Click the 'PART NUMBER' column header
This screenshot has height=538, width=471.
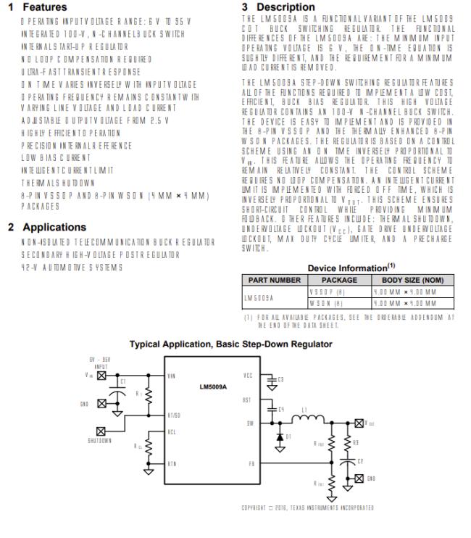[274, 278]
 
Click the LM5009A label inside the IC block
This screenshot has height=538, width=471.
[206, 386]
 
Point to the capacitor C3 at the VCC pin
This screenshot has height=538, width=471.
[272, 379]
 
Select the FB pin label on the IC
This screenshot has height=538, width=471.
[251, 461]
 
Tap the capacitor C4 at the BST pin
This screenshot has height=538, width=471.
[273, 410]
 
